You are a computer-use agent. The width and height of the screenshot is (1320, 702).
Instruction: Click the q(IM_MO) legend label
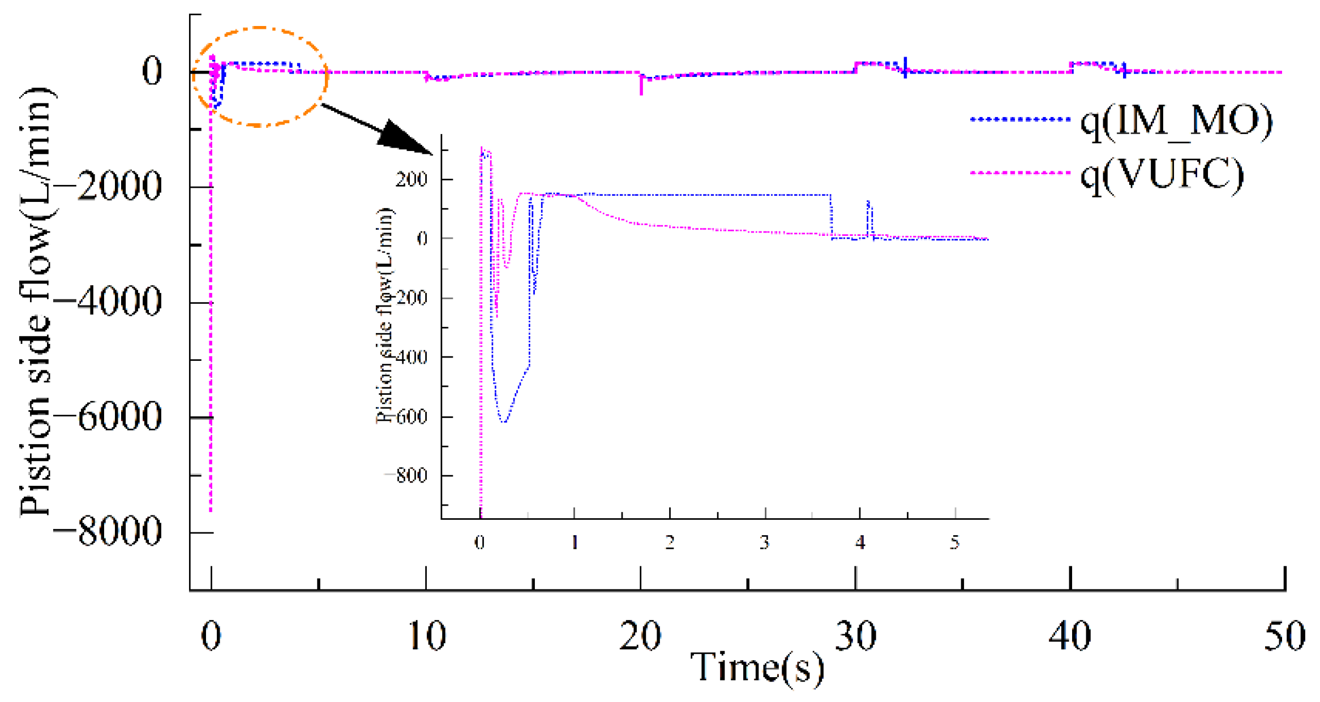pyautogui.click(x=1176, y=120)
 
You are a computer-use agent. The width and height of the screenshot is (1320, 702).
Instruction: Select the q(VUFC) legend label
pyautogui.click(x=1162, y=174)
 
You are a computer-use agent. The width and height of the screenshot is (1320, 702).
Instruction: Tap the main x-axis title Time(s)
pyautogui.click(x=757, y=667)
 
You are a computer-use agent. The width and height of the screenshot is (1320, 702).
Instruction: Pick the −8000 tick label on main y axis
pyautogui.click(x=108, y=532)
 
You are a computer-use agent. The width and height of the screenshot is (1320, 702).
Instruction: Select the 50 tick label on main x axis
pyautogui.click(x=1284, y=636)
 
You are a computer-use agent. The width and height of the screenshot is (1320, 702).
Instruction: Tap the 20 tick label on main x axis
pyautogui.click(x=640, y=636)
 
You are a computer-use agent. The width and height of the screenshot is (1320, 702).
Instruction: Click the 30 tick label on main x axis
pyautogui.click(x=855, y=636)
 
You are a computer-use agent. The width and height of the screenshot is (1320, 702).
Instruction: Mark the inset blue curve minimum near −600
pyautogui.click(x=504, y=421)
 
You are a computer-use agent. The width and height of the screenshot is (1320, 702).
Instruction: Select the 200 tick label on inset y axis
pyautogui.click(x=412, y=180)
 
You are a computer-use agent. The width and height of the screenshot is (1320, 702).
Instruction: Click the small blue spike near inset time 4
pyautogui.click(x=869, y=212)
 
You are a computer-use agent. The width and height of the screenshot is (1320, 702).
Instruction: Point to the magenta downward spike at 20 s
pyautogui.click(x=641, y=87)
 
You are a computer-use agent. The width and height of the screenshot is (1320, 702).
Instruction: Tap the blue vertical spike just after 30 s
pyautogui.click(x=905, y=66)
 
